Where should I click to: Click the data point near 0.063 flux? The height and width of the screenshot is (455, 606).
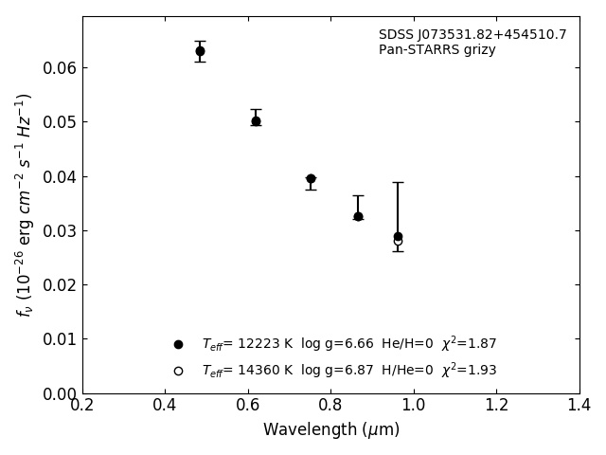point(200,51)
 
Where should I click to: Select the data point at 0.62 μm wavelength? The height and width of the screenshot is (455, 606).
point(256,121)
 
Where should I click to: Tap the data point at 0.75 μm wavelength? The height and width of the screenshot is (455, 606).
point(311,178)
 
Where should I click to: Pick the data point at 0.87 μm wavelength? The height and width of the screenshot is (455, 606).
point(358,216)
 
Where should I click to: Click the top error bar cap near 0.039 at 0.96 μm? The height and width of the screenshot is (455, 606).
point(398,182)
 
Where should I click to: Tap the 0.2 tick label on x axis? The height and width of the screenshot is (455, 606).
point(82,405)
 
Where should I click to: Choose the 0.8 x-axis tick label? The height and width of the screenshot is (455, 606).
point(330,405)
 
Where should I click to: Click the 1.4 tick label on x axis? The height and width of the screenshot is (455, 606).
point(579,405)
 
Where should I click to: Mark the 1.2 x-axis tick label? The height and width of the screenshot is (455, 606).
point(496,405)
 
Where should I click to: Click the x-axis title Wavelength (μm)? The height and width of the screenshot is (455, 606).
point(330,430)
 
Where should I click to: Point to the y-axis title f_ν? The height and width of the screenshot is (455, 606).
point(25,204)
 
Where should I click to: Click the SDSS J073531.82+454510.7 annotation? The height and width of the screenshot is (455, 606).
point(472,35)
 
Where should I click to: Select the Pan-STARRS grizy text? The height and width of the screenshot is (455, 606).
point(437,50)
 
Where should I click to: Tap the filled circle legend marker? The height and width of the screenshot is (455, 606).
point(178,344)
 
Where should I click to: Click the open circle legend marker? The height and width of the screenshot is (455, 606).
point(178,371)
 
